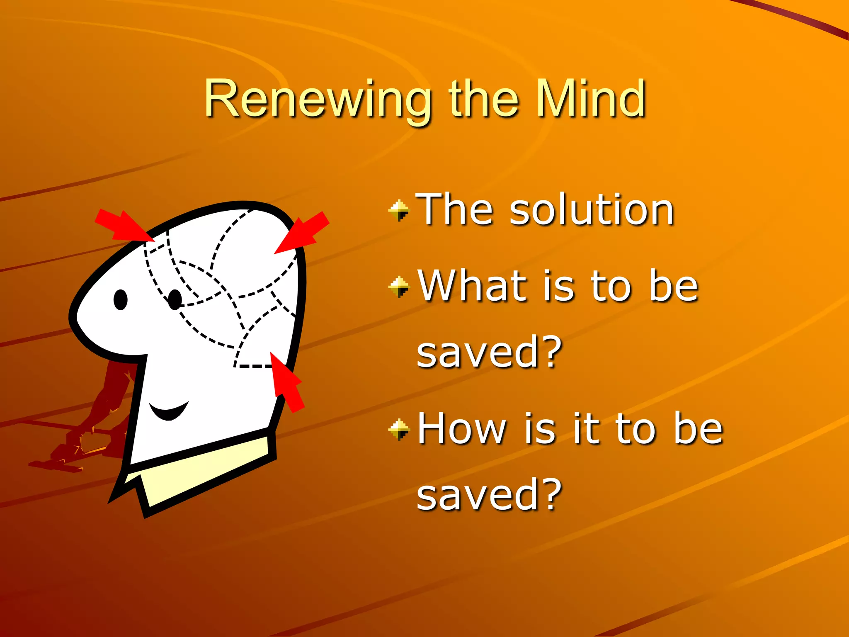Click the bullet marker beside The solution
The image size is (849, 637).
coord(399,210)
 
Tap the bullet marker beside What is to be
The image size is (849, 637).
coord(399,287)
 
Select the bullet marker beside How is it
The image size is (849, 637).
coord(399,430)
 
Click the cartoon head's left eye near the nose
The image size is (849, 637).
coord(121,299)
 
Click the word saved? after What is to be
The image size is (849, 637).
coord(489,353)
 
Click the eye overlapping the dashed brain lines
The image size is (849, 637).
coord(175,299)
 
